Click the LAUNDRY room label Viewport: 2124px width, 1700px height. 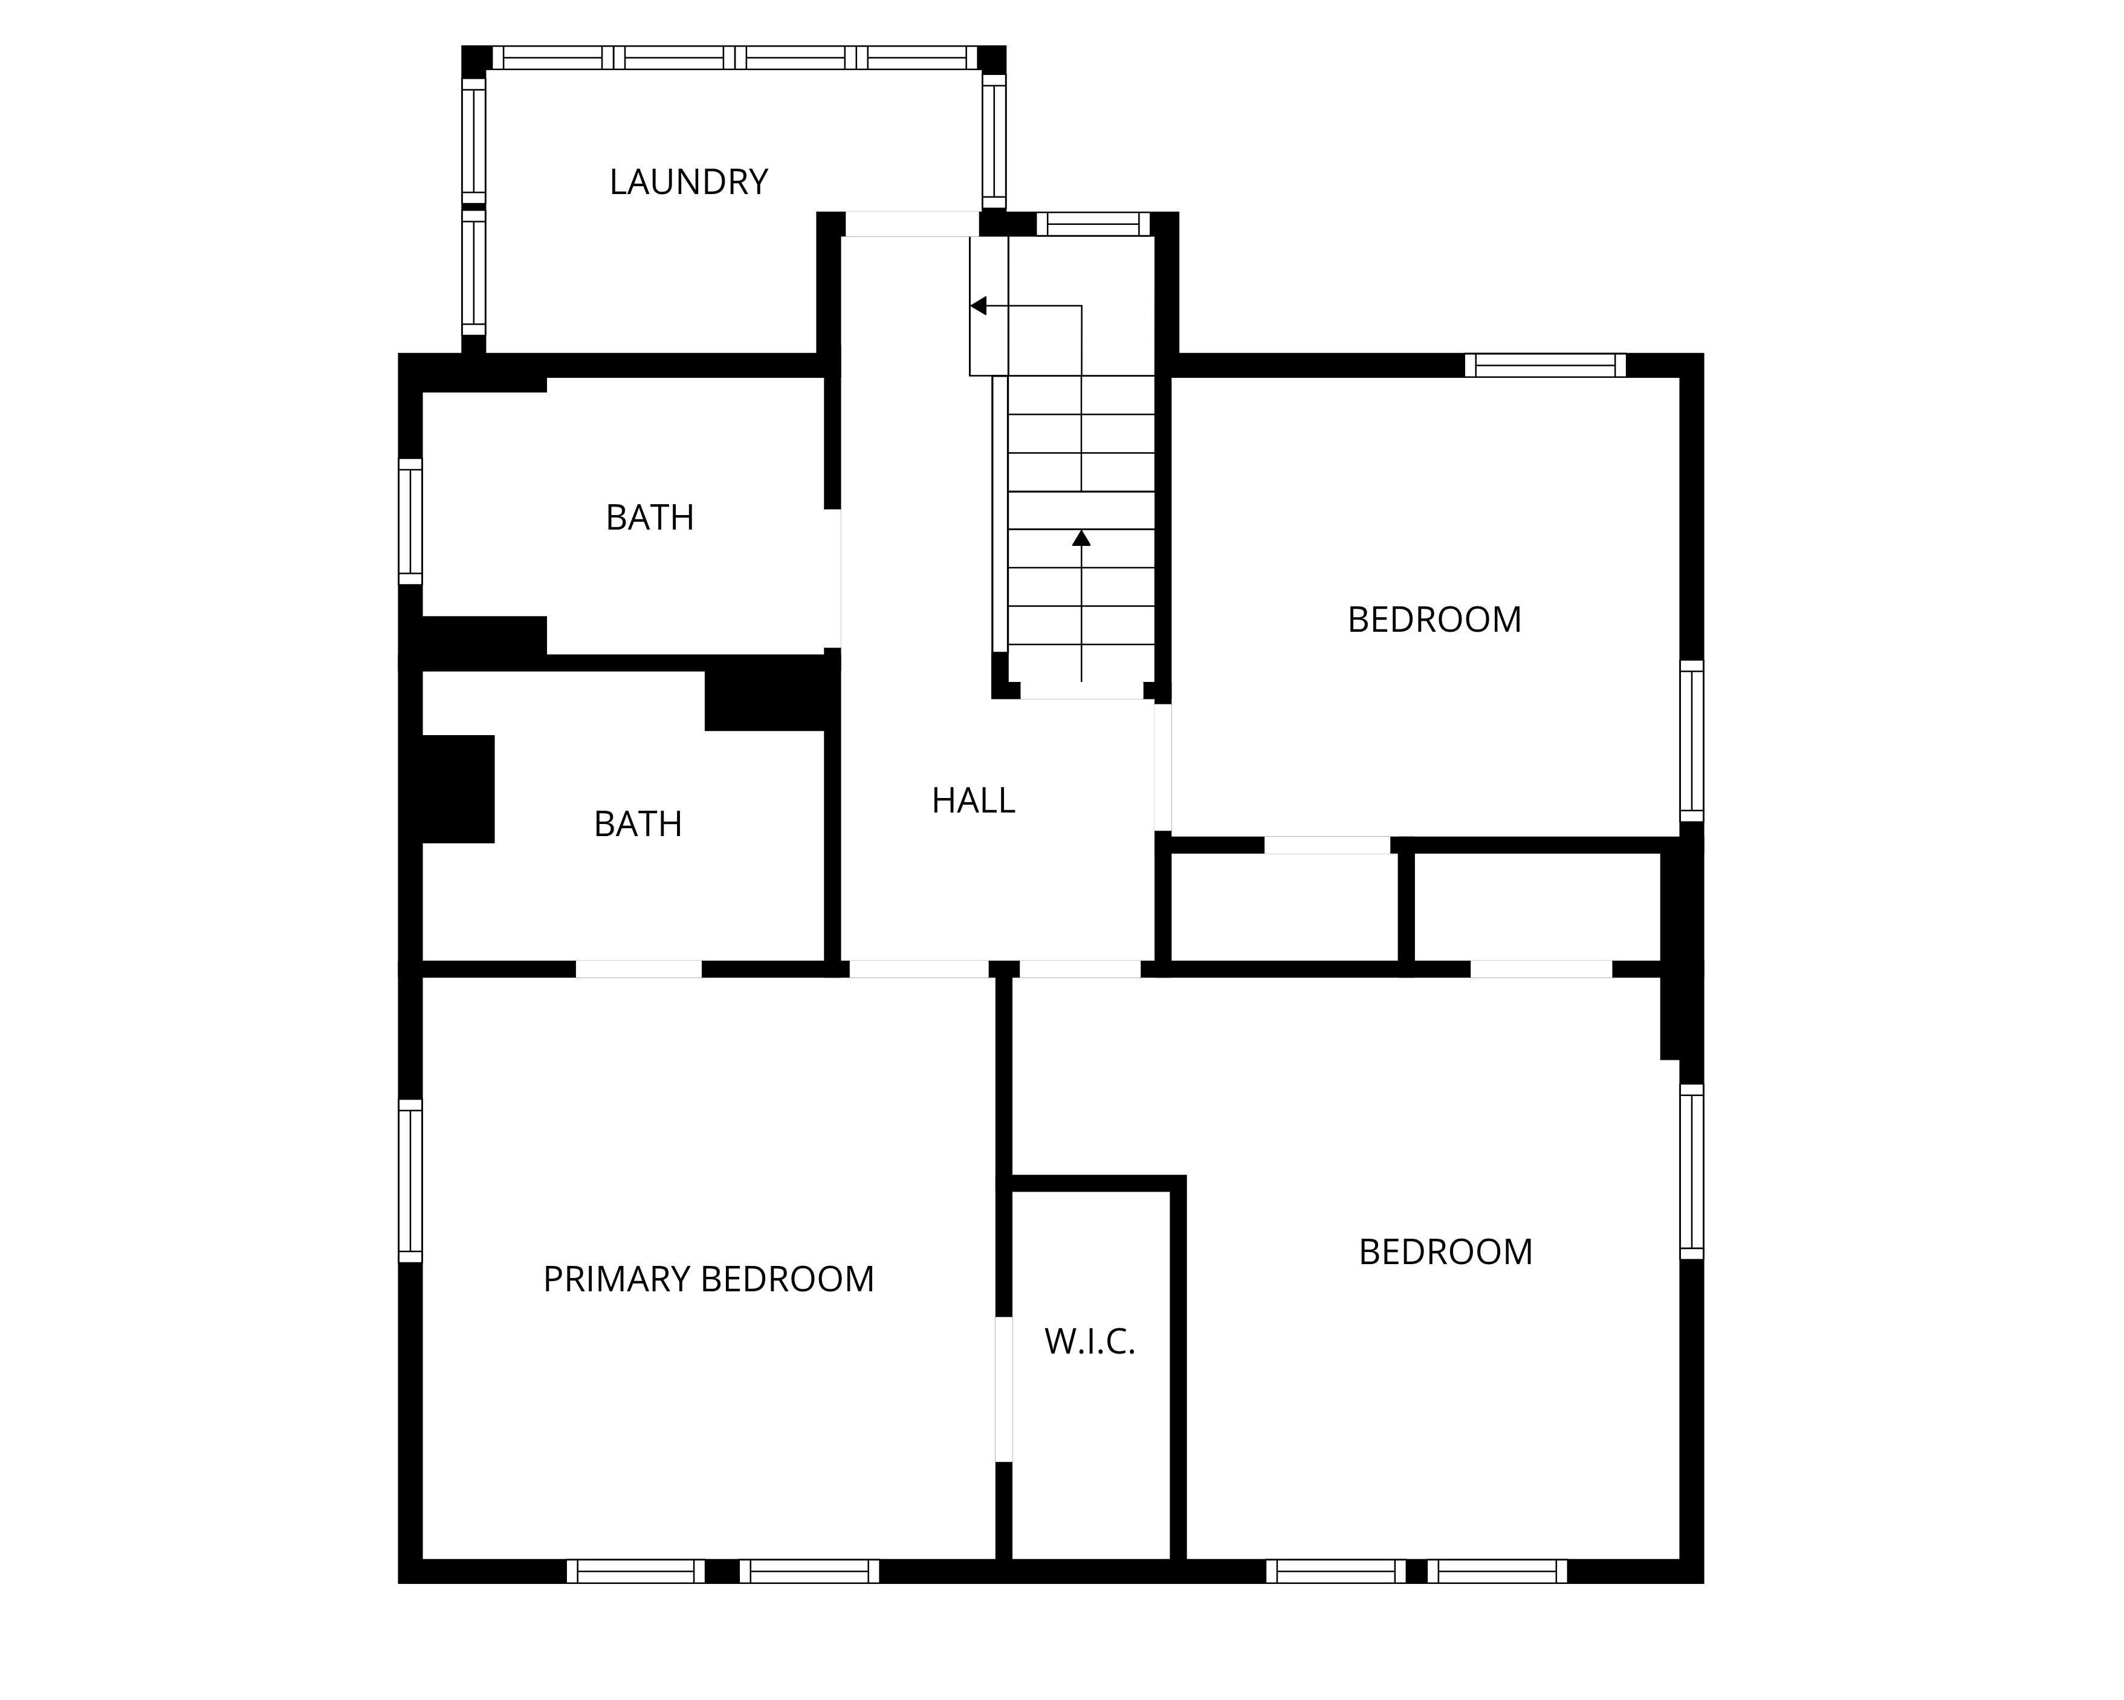pos(688,183)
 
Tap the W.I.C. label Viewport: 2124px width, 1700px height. pos(1090,1342)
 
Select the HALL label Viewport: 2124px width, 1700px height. pos(973,800)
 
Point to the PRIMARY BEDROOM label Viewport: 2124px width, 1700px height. pos(708,1279)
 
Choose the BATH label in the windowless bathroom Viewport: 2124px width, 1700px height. pos(638,824)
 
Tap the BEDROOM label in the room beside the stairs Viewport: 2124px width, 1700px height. pos(1434,620)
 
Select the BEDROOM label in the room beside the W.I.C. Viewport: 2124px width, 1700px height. pos(1445,1253)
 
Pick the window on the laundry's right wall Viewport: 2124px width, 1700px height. pos(994,141)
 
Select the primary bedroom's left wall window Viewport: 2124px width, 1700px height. pos(410,1181)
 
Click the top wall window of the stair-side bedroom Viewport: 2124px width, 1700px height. pos(1545,366)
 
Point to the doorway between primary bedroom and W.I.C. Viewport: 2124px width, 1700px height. pos(1004,1390)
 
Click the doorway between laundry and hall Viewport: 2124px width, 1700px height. pos(912,224)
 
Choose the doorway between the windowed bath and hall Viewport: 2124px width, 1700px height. pos(832,579)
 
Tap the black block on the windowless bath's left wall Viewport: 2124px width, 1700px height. pos(458,790)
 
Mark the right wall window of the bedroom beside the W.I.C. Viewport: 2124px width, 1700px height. pos(1691,1172)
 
